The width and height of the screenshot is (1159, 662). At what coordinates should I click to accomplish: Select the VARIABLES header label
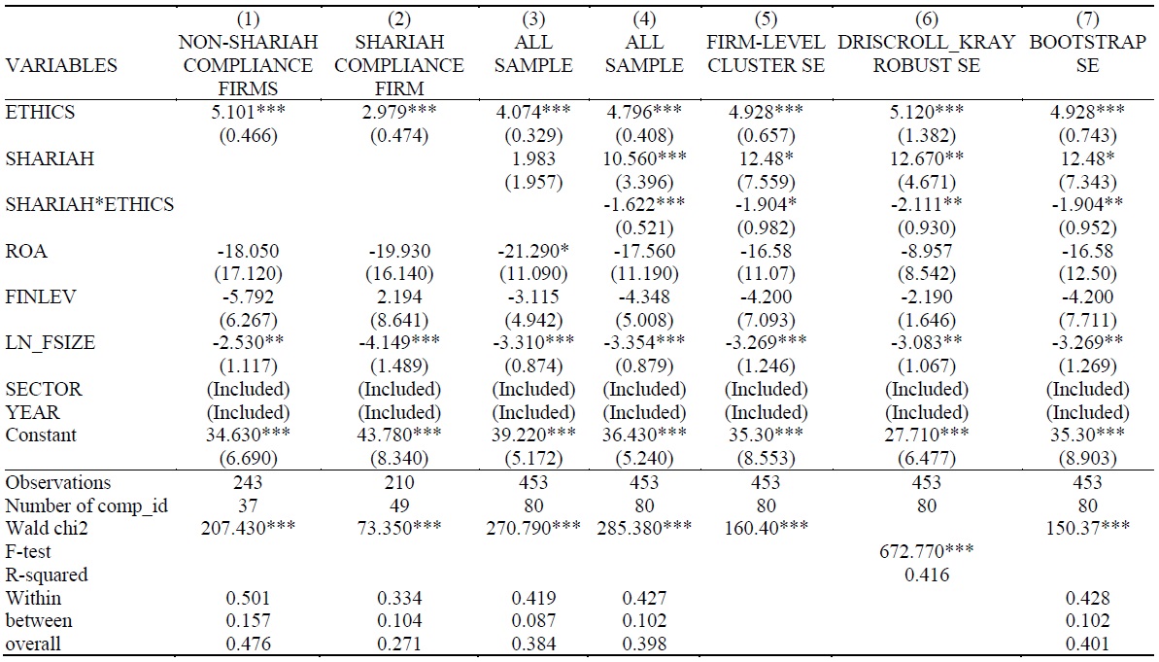coord(61,66)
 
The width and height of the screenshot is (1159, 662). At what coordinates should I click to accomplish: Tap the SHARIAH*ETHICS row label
coord(89,205)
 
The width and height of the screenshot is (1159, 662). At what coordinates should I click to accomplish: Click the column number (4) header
coord(644,19)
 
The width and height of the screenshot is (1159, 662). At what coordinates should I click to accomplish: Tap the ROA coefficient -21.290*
coord(533,251)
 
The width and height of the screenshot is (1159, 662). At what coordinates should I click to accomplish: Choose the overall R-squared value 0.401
coord(1088,645)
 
